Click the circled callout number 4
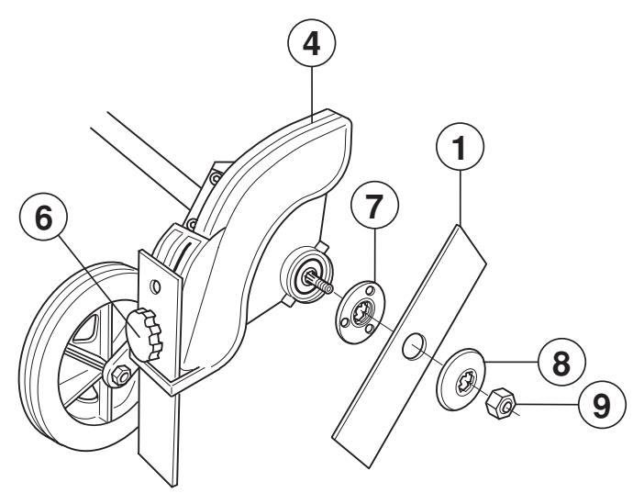(312, 43)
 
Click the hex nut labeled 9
(503, 401)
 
